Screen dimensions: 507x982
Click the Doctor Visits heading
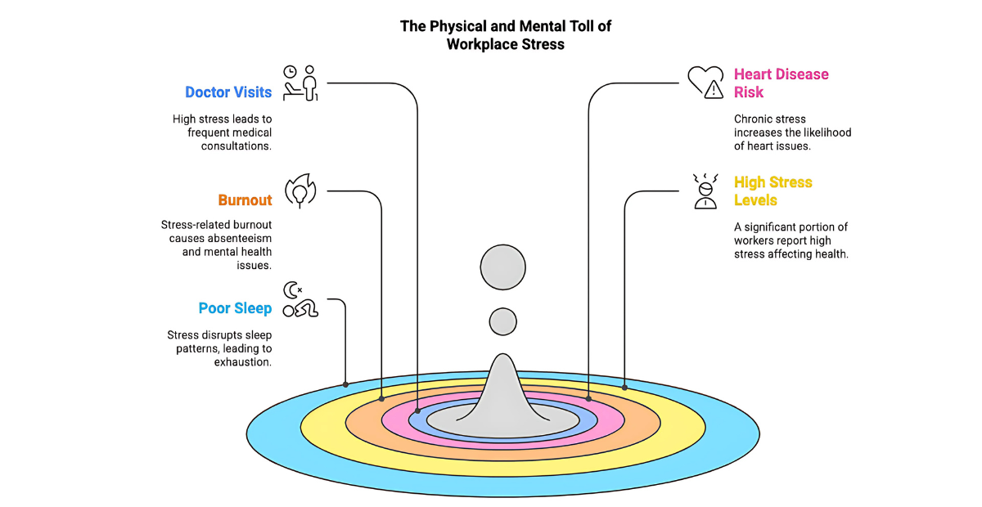point(228,92)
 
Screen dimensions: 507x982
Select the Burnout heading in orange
point(245,200)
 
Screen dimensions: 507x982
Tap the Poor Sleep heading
point(235,308)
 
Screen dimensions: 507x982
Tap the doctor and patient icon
point(300,83)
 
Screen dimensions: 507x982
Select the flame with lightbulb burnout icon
point(300,191)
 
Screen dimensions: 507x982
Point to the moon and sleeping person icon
point(300,299)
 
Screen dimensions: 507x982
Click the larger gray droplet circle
point(503,267)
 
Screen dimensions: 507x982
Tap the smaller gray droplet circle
point(503,321)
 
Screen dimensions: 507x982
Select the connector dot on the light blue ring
point(346,384)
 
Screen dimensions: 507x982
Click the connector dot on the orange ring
point(382,398)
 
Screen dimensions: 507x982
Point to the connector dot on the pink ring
point(588,398)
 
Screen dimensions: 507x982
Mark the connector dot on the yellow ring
point(625,387)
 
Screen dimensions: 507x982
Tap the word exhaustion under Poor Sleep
point(242,361)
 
